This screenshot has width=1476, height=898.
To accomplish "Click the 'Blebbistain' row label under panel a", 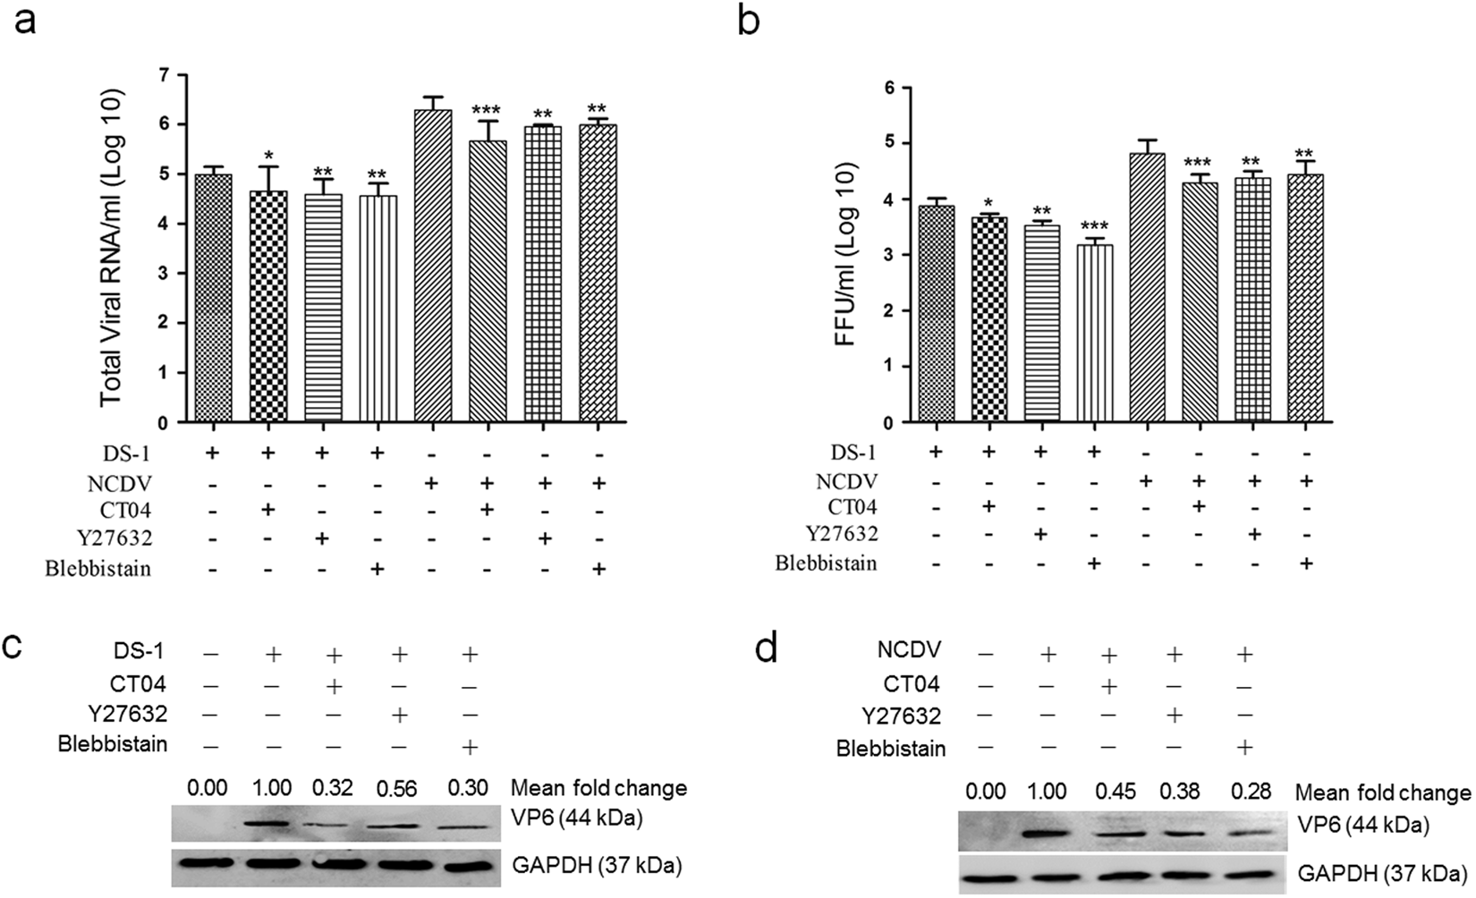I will [x=98, y=570].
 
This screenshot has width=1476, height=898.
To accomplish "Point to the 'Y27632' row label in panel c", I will [x=127, y=714].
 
